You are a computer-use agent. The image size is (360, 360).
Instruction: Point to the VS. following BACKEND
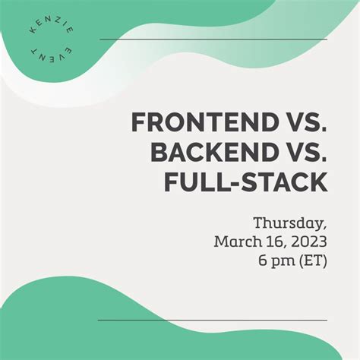308,152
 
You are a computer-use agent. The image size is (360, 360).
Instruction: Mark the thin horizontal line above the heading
213,39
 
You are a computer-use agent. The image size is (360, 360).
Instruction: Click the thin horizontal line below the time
213,321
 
